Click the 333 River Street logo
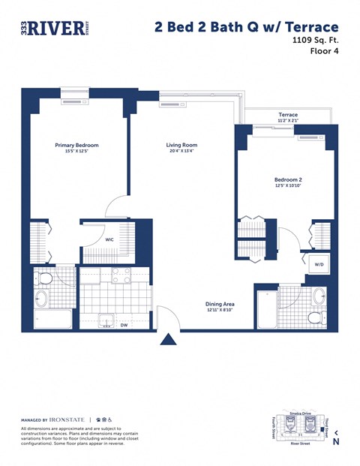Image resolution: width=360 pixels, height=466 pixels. [x=55, y=28]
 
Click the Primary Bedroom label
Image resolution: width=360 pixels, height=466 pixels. [x=76, y=145]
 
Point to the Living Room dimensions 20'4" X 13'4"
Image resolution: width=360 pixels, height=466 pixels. [x=181, y=151]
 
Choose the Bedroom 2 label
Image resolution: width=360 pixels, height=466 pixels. [x=288, y=179]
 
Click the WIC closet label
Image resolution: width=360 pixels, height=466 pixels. [x=109, y=240]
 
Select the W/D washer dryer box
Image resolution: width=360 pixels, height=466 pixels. [x=318, y=264]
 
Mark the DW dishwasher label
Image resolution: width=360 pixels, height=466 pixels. [x=123, y=326]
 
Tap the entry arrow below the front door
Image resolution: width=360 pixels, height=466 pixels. [x=168, y=341]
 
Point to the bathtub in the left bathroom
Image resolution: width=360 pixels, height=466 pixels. [x=52, y=319]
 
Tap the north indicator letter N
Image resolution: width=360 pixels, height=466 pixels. [x=336, y=442]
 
